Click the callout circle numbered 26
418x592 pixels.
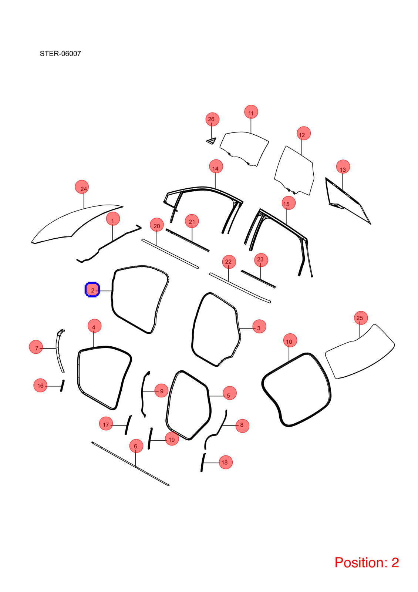(x=212, y=119)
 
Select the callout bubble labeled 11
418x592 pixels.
(x=251, y=112)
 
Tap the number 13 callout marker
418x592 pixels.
(x=343, y=167)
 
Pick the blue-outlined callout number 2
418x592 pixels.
(x=92, y=290)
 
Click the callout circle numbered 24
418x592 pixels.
(x=82, y=187)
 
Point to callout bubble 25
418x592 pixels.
(x=361, y=318)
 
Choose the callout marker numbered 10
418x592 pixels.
(x=290, y=340)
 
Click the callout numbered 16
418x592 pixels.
(x=40, y=385)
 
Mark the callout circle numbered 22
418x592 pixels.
(x=229, y=262)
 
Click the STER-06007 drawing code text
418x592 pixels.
(x=60, y=54)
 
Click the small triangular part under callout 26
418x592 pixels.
(x=211, y=141)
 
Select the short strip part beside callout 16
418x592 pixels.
(x=63, y=386)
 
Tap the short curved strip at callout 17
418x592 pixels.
(x=128, y=425)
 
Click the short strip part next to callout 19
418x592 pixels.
(x=150, y=438)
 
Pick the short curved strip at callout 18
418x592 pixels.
(x=203, y=462)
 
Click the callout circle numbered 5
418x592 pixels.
(x=230, y=393)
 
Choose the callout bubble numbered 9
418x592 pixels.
(x=161, y=390)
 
